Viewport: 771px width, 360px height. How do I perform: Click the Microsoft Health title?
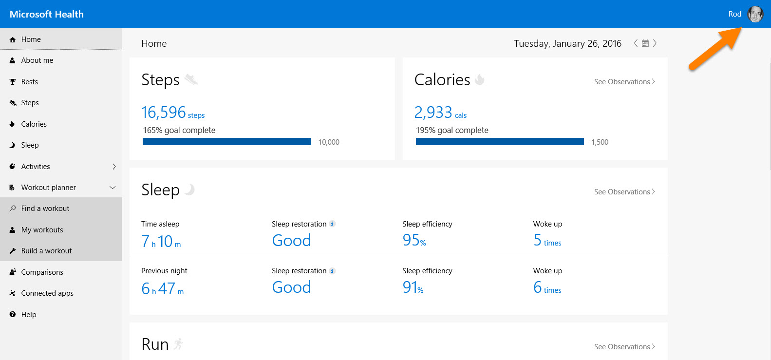coord(47,14)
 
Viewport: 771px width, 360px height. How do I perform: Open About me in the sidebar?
coord(37,60)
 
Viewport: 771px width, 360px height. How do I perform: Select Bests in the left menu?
coord(29,82)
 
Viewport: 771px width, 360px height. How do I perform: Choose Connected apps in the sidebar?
coord(47,293)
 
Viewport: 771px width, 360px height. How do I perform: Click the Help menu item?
coord(29,315)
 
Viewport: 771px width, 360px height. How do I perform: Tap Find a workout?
coord(45,208)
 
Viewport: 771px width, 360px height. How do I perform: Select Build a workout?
coord(46,251)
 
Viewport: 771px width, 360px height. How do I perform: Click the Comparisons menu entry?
coord(42,272)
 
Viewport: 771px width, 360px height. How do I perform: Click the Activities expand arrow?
coord(114,167)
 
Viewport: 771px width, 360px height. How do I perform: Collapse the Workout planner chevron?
coord(113,188)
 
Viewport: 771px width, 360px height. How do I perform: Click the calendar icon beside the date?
coord(645,43)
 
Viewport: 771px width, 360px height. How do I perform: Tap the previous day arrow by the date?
coord(636,43)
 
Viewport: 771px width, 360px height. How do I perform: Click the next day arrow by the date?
coord(655,43)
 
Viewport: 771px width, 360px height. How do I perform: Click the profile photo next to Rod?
coord(755,14)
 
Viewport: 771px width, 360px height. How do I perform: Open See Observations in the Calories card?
coord(624,82)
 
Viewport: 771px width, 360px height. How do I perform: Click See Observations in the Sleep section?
coord(624,192)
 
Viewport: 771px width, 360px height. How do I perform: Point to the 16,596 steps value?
coord(164,113)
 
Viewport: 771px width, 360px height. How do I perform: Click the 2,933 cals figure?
coord(433,113)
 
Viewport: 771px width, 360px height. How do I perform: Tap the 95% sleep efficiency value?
coord(414,240)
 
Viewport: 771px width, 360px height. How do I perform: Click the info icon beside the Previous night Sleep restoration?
coord(332,271)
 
